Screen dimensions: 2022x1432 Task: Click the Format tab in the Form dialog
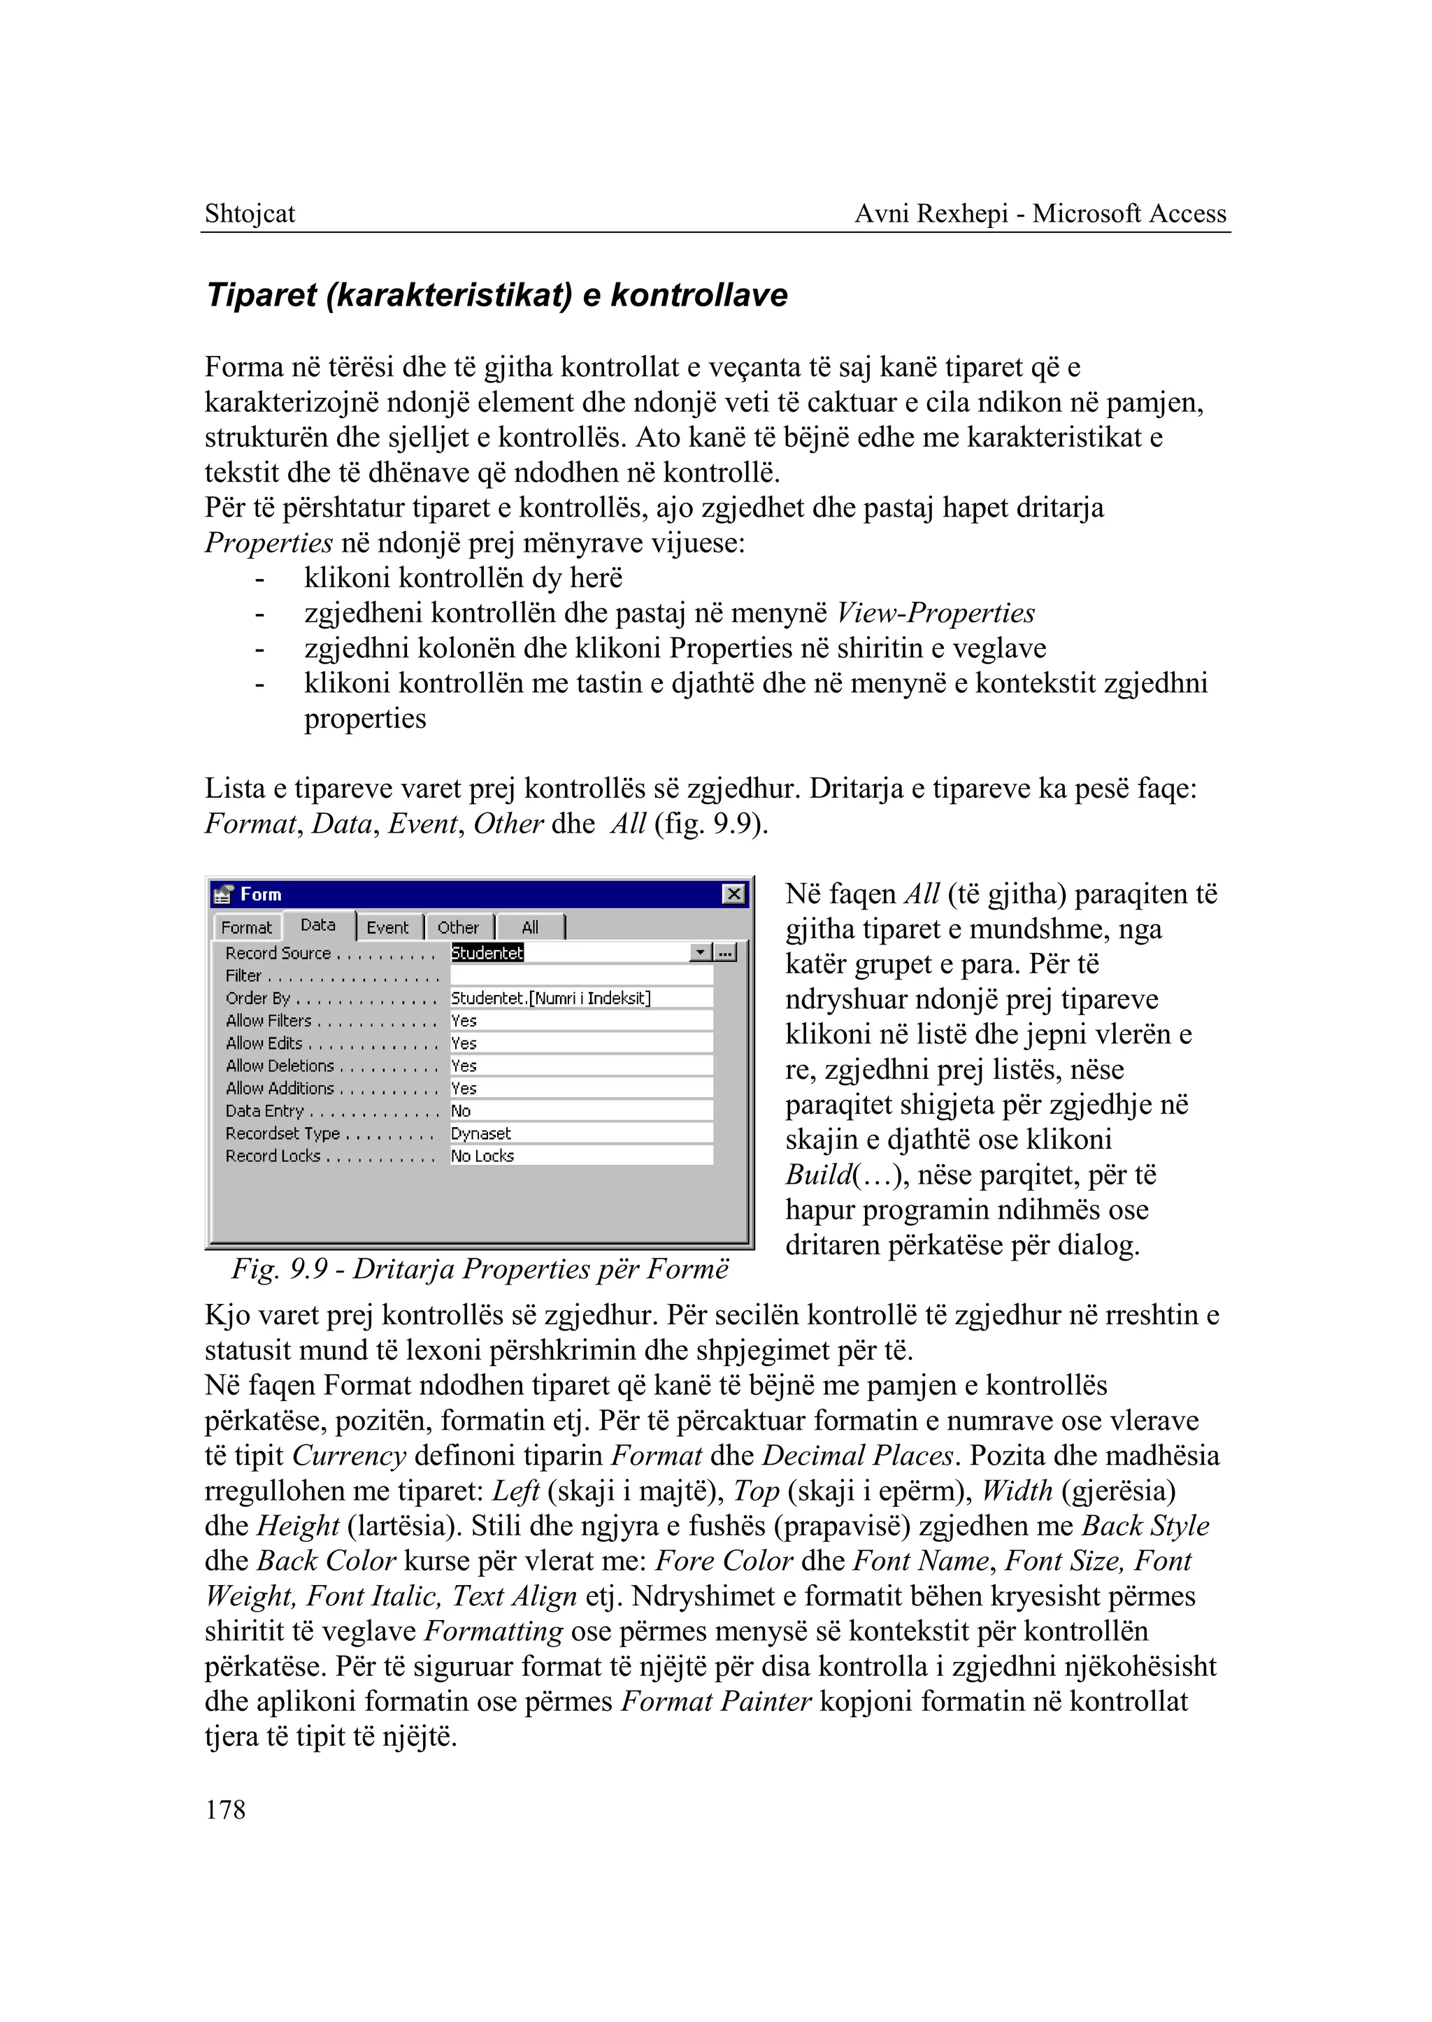[246, 928]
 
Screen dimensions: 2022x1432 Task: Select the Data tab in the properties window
[318, 925]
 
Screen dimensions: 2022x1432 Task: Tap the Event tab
[387, 928]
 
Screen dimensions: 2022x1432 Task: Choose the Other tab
[458, 928]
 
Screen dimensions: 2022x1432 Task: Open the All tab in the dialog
[530, 928]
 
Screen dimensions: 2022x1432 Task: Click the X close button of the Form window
[733, 894]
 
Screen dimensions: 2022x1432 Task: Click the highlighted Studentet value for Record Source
[487, 952]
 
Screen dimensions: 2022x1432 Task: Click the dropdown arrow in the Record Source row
[701, 952]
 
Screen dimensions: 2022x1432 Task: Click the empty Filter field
[581, 975]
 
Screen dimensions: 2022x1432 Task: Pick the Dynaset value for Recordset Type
[482, 1133]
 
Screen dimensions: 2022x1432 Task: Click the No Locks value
[483, 1156]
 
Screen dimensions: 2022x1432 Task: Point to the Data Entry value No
[461, 1111]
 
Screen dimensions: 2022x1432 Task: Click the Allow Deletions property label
[280, 1066]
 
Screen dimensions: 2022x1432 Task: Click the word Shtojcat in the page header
[250, 213]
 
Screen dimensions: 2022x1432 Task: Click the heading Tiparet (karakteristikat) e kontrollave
[496, 294]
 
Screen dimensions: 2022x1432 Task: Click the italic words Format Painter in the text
[716, 1701]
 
